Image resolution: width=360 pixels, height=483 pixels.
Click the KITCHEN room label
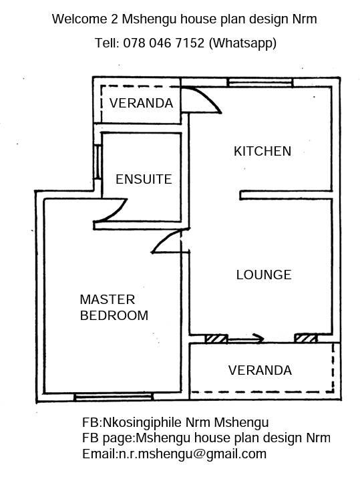click(x=262, y=151)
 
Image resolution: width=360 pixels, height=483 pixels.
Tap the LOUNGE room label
click(x=264, y=275)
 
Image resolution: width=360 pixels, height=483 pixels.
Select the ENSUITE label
click(x=144, y=179)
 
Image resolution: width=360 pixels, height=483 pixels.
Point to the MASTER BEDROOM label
click(x=114, y=307)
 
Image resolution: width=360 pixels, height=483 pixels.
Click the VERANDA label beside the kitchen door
click(x=141, y=103)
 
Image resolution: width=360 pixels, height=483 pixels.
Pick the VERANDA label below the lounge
click(x=260, y=370)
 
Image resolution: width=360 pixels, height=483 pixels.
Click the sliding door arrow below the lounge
click(x=245, y=339)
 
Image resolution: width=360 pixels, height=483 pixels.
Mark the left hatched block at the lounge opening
click(x=216, y=339)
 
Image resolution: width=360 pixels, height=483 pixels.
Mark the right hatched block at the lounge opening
click(x=305, y=338)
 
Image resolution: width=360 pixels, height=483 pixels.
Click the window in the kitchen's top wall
click(x=260, y=83)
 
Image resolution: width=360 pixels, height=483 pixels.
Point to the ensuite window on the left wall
click(x=98, y=162)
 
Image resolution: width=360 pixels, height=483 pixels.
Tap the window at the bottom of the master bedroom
click(x=114, y=397)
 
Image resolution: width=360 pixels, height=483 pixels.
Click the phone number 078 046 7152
click(x=164, y=43)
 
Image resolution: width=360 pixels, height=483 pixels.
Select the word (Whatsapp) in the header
click(x=242, y=43)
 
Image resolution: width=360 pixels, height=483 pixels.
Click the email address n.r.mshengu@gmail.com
click(x=193, y=454)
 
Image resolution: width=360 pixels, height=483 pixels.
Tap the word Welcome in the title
click(x=79, y=19)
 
